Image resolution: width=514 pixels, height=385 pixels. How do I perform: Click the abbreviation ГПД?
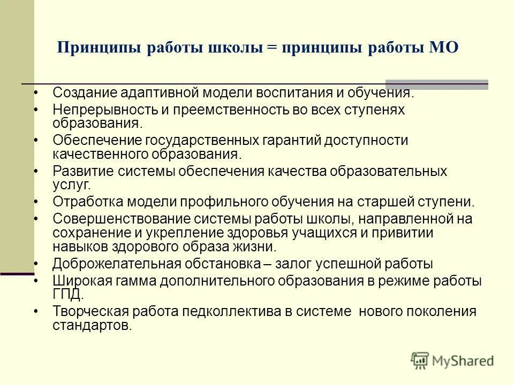67,294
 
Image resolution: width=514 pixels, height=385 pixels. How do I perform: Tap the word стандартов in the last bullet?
91,325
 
